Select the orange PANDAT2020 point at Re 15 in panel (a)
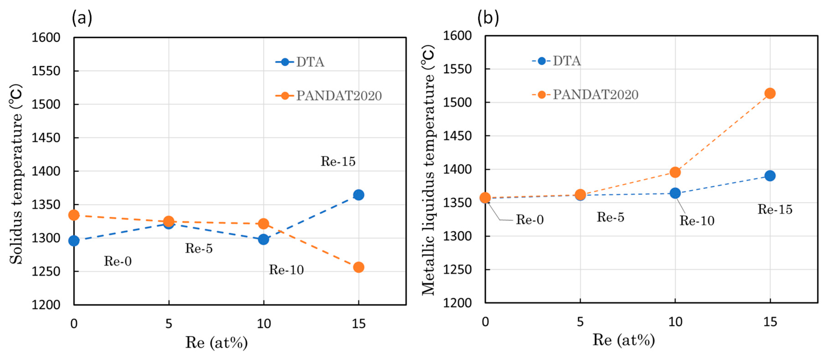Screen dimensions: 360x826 (x=358, y=267)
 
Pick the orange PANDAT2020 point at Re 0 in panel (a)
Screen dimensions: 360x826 (x=74, y=215)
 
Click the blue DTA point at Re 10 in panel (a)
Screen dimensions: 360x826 (x=263, y=239)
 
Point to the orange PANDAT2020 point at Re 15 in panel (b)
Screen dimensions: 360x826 (x=770, y=94)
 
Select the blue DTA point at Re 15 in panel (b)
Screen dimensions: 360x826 (x=770, y=176)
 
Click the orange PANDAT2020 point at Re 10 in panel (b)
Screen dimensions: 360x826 (x=675, y=172)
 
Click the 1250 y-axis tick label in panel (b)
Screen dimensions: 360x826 (x=457, y=270)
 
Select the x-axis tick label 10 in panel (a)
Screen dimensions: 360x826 (x=264, y=324)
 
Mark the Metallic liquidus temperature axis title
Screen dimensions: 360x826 (x=428, y=170)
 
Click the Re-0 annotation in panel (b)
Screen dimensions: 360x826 (x=530, y=220)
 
